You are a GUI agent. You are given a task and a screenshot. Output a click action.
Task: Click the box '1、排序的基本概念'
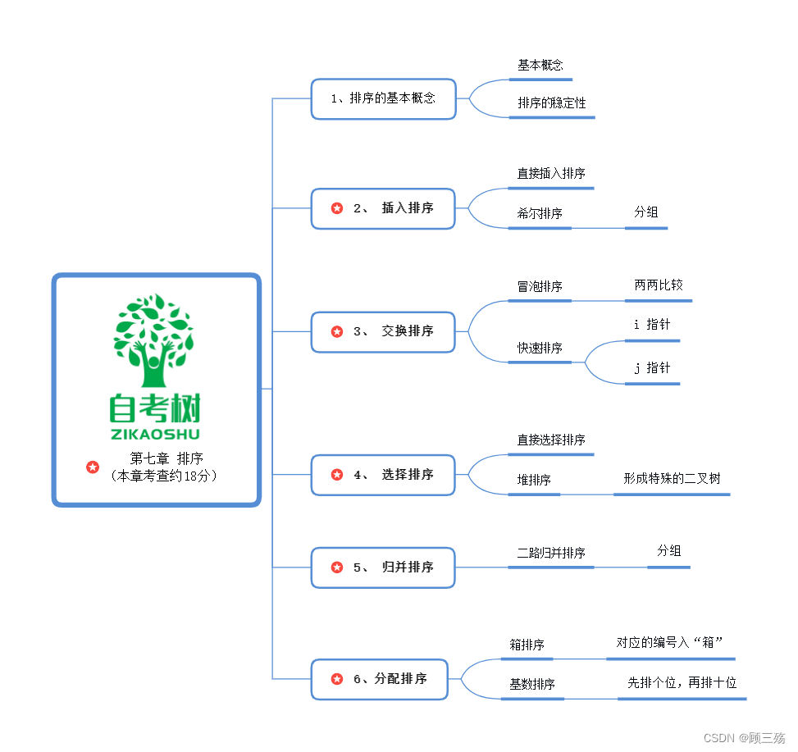[x=383, y=98]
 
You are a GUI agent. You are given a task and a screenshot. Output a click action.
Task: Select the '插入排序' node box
[x=383, y=208]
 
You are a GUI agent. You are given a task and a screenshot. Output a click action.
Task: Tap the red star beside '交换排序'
[x=336, y=331]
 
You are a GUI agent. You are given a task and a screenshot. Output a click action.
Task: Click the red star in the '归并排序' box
[x=336, y=567]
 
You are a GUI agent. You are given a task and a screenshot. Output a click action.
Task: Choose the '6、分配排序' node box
[x=380, y=679]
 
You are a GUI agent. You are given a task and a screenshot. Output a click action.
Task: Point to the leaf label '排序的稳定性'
[x=551, y=103]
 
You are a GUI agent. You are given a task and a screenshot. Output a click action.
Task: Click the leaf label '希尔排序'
[x=540, y=214]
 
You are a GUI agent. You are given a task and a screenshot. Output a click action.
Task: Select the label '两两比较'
[x=658, y=285]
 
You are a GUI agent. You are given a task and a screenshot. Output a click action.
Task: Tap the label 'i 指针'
[x=652, y=325]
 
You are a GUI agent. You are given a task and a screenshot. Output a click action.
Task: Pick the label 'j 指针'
[x=652, y=368]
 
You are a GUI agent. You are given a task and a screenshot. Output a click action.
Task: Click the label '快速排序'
[x=540, y=349]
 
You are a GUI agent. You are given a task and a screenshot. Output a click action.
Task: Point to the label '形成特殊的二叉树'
[x=672, y=479]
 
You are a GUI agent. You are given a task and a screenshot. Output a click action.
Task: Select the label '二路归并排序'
[x=551, y=554]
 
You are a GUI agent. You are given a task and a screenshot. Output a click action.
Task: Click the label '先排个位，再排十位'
[x=682, y=683]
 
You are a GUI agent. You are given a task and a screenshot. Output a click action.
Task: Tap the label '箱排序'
[x=527, y=645]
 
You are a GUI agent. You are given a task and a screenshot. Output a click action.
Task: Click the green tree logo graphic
[x=154, y=340]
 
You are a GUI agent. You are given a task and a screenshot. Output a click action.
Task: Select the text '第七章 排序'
[x=166, y=459]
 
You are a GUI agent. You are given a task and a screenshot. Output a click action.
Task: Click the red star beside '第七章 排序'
[x=93, y=467]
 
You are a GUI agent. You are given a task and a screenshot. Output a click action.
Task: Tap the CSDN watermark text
[x=744, y=738]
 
